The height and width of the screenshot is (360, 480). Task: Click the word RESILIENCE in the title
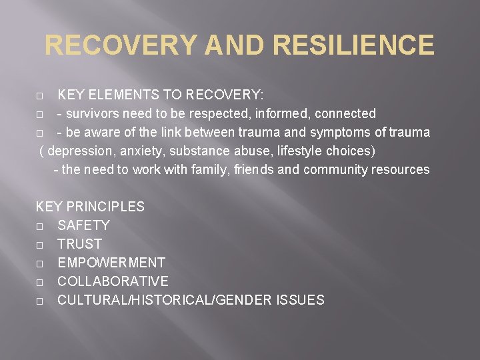pyautogui.click(x=353, y=45)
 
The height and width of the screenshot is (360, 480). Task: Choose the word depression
pyautogui.click(x=82, y=151)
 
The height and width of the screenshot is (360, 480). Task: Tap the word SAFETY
pyautogui.click(x=83, y=225)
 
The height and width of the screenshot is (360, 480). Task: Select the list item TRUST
pyautogui.click(x=79, y=244)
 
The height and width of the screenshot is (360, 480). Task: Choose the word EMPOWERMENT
pyautogui.click(x=111, y=263)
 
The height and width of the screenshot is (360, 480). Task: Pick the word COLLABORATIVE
pyautogui.click(x=113, y=281)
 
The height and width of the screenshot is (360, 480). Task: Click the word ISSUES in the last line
pyautogui.click(x=299, y=300)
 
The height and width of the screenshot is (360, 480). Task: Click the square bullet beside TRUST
pyautogui.click(x=40, y=245)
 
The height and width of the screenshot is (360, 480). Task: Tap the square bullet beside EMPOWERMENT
pyautogui.click(x=40, y=263)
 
